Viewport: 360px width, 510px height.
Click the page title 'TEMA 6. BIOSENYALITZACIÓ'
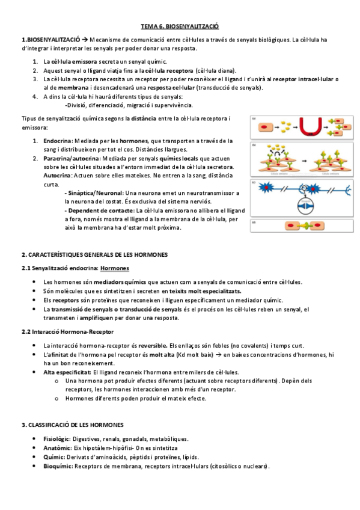pos(180,26)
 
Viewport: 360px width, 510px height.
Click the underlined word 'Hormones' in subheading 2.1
pos(114,268)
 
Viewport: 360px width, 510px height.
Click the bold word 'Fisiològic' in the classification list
pos(57,439)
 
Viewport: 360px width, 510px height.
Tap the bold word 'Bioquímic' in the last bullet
pos(58,465)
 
